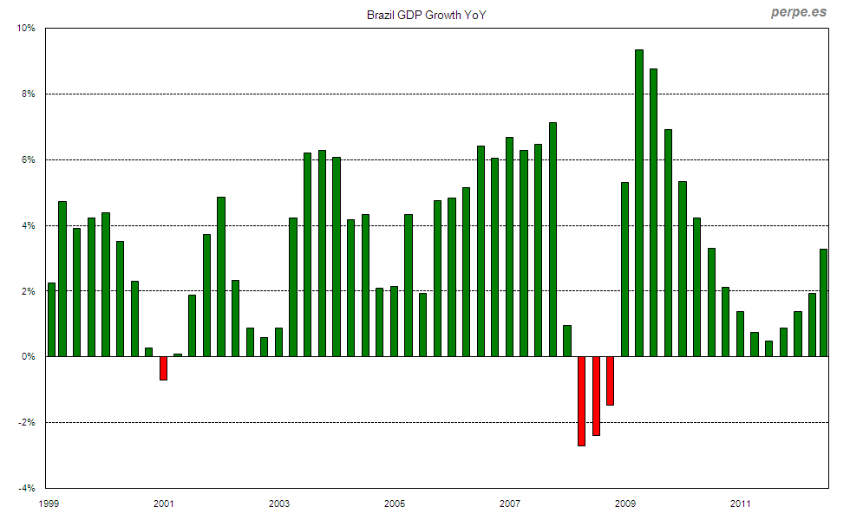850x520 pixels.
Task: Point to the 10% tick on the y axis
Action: tap(26, 28)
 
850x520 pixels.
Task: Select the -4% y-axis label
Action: tap(26, 488)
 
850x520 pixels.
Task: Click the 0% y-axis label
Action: tap(29, 356)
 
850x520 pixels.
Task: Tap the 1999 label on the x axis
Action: tap(49, 504)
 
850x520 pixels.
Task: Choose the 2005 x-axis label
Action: tap(395, 504)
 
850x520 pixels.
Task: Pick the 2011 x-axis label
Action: tap(740, 504)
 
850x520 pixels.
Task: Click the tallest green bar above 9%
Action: tap(639, 203)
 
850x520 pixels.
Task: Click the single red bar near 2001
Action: tap(163, 368)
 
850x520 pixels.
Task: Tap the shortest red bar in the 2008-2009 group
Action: tap(611, 380)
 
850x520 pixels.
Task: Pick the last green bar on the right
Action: tap(823, 302)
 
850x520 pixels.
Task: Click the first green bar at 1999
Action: tap(51, 319)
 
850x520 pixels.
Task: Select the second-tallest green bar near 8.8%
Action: tap(653, 212)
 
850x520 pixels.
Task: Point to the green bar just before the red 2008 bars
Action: tap(567, 341)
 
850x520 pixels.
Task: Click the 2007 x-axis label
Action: tap(509, 504)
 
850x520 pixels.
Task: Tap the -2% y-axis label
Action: tap(27, 422)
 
